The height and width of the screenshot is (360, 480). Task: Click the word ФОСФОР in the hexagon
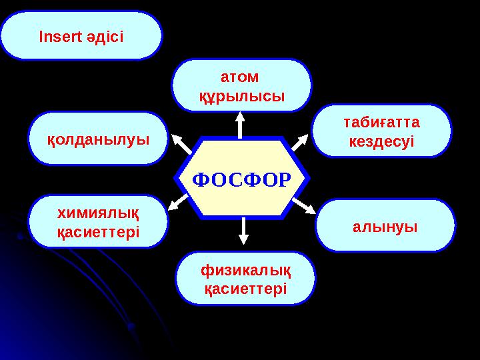(242, 179)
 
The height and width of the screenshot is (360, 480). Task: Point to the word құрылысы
(242, 96)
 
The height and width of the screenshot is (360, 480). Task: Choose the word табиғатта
(381, 123)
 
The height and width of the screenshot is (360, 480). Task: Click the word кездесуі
(381, 141)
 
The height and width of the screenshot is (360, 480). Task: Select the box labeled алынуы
(385, 226)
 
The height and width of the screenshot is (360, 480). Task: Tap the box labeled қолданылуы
(98, 139)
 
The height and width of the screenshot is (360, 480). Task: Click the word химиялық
(98, 213)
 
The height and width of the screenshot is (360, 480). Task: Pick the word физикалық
(245, 269)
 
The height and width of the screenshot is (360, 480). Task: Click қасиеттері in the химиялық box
(98, 231)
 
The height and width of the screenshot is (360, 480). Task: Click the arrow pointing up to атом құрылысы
(241, 124)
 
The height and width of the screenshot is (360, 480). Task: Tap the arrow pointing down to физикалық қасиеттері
(243, 231)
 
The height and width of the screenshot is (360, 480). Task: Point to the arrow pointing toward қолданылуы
(181, 144)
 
